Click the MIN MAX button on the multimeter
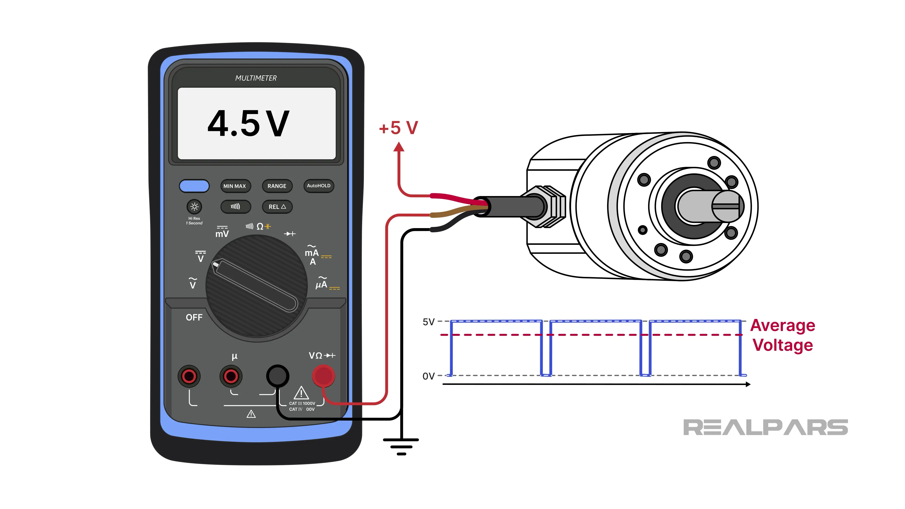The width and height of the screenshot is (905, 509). [235, 186]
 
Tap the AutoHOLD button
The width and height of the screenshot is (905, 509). [318, 185]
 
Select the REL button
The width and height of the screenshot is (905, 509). [277, 207]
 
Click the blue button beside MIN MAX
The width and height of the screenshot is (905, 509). [194, 186]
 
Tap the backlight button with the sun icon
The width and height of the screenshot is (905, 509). [194, 207]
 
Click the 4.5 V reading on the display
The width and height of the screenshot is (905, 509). [248, 124]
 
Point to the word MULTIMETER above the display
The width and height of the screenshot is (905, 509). [256, 78]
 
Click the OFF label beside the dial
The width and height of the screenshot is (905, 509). [194, 317]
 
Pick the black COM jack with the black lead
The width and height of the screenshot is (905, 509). [278, 376]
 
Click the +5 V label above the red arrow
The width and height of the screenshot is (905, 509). [398, 128]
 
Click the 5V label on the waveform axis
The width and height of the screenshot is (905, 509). [428, 322]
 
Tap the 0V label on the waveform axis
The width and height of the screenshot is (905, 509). [428, 376]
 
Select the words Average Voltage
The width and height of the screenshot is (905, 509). [783, 335]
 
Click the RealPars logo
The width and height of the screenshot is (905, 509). [765, 427]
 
